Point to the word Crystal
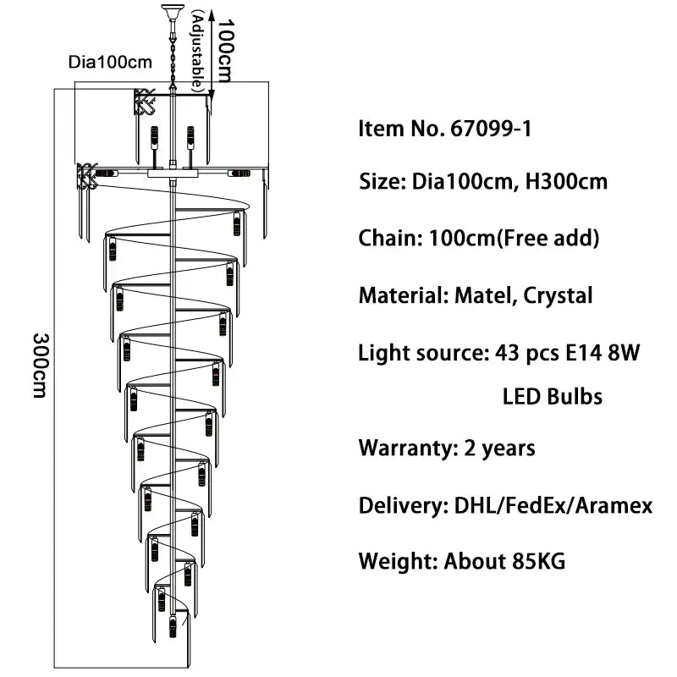click(558, 295)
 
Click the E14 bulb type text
click(578, 353)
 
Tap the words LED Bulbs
click(552, 396)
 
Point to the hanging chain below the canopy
click(169, 55)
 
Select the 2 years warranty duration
click(499, 447)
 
